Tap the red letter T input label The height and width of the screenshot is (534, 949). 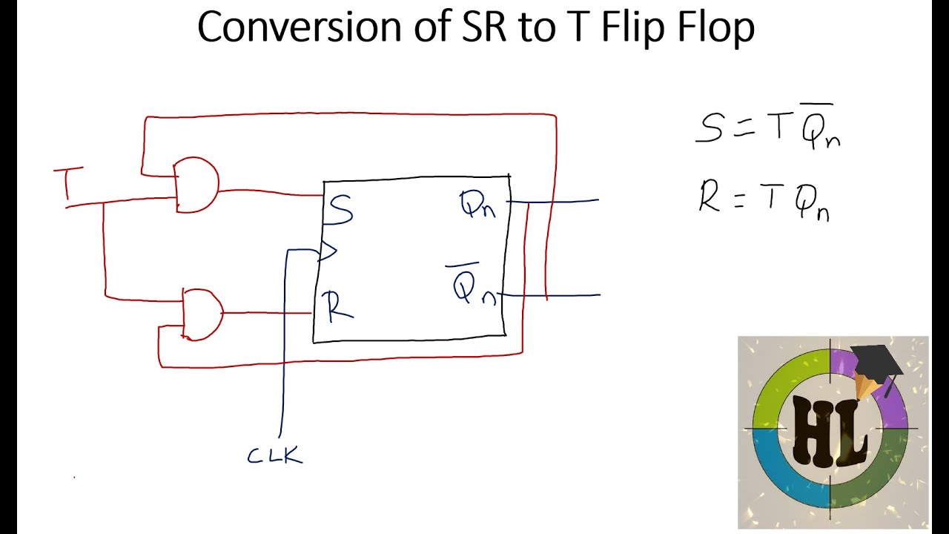(x=68, y=184)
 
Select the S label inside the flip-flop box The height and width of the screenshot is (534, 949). (x=340, y=211)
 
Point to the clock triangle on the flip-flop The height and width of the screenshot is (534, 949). (x=327, y=251)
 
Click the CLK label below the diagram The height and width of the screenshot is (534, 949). (x=275, y=455)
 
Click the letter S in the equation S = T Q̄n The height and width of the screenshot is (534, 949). (x=710, y=127)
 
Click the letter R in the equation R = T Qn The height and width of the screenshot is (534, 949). (x=710, y=197)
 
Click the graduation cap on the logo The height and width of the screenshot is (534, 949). (x=876, y=362)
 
